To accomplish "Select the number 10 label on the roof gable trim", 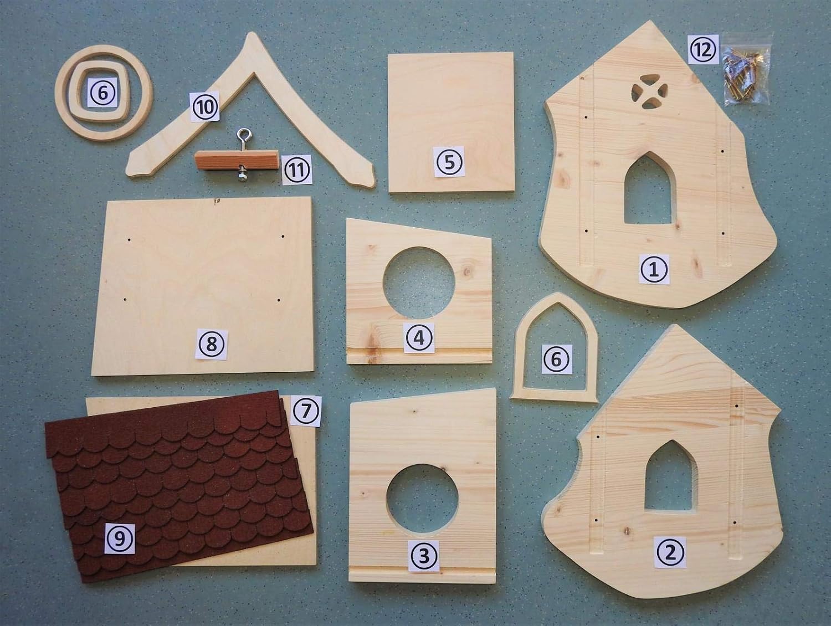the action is coord(204,106).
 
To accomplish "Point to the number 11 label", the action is coord(297,170).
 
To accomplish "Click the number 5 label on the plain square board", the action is coord(449,162).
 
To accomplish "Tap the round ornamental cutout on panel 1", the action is coord(649,92).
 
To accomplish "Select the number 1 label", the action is coord(655,269).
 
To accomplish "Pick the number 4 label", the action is coord(419,338).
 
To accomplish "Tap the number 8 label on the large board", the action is coord(211,344).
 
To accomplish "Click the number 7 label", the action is coord(306,412).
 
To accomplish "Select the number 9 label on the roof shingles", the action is coord(120,538).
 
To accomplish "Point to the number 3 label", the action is coord(424,556).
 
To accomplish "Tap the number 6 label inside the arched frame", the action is coord(557,359).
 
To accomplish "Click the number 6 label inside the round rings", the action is coord(103,93).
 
